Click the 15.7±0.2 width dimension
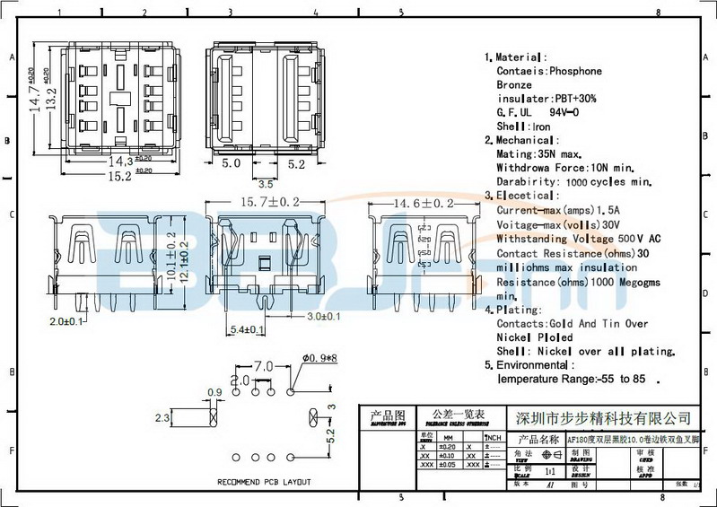[x=268, y=205]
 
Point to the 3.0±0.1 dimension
[x=324, y=317]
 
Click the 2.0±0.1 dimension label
[x=66, y=321]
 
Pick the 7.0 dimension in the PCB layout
[x=263, y=367]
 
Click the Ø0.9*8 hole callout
[x=319, y=358]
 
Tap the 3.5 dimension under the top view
[x=265, y=183]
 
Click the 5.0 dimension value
[x=231, y=164]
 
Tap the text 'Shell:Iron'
[x=524, y=127]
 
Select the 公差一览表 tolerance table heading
[x=458, y=414]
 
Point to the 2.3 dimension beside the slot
[x=162, y=418]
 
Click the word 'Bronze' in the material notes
[x=514, y=84]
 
